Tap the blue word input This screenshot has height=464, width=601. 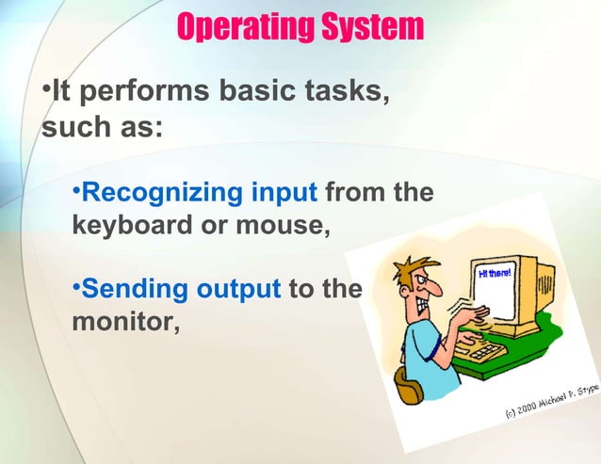pyautogui.click(x=284, y=194)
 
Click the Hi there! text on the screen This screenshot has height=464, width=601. pyautogui.click(x=493, y=274)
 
